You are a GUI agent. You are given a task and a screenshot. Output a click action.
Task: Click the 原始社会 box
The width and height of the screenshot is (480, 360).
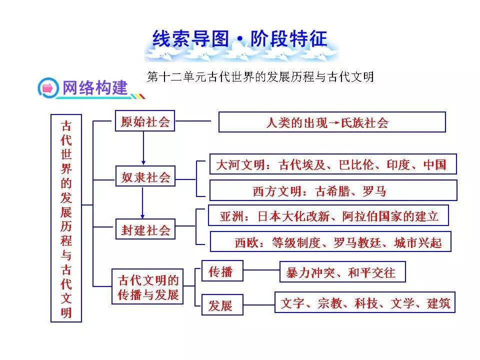click(145, 121)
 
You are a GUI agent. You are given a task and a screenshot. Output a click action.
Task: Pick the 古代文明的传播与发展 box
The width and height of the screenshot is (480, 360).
click(147, 286)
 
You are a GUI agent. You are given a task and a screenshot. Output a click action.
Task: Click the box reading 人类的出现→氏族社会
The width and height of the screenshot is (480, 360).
click(332, 122)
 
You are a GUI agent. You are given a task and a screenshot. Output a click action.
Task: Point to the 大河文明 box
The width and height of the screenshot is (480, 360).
click(332, 164)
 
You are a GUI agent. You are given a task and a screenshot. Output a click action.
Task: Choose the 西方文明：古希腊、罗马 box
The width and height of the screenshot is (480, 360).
click(332, 190)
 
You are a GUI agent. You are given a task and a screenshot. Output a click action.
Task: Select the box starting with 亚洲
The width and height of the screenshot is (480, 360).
click(328, 215)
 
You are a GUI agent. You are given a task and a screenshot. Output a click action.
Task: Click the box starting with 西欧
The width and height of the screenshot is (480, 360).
click(330, 242)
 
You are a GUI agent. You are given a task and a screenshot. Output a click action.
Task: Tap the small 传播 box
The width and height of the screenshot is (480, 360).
click(221, 272)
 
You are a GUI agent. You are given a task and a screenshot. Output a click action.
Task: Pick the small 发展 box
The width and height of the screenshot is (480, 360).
click(221, 304)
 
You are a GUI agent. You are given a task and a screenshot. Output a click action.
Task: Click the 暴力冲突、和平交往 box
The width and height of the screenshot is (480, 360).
click(342, 272)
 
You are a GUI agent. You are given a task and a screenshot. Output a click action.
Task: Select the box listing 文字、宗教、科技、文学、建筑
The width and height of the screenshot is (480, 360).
click(365, 302)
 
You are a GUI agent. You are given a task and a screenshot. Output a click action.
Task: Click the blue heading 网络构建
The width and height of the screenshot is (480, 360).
click(94, 88)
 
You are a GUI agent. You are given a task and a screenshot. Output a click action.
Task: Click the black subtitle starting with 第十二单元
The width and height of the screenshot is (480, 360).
click(260, 76)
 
